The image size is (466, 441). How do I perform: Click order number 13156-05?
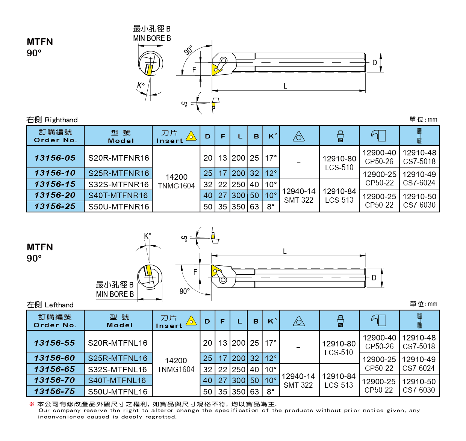tap(55, 158)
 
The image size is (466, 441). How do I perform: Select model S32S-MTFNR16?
tap(118, 185)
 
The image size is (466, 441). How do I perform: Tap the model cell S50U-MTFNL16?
tap(118, 392)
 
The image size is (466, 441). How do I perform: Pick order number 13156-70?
tap(55, 380)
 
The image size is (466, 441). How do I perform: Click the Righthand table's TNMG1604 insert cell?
tap(176, 182)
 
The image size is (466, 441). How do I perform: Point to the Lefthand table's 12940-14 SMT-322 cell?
tap(298, 381)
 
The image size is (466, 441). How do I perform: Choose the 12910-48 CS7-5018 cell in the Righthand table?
tap(419, 157)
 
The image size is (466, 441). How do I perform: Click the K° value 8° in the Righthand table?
tap(271, 207)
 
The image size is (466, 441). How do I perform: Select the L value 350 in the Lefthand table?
tap(239, 392)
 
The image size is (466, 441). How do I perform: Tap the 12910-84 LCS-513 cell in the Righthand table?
tap(339, 196)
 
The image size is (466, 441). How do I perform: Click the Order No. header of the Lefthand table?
tap(55, 321)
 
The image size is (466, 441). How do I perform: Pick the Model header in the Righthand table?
tap(121, 136)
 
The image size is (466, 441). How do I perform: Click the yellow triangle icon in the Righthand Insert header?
tap(191, 136)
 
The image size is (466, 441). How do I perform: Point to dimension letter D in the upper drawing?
tap(374, 63)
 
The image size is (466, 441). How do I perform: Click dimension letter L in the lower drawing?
tap(285, 251)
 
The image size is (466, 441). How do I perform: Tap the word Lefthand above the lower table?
tap(59, 305)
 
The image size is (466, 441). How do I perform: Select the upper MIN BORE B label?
tap(152, 38)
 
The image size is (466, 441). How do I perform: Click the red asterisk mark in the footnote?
tap(32, 404)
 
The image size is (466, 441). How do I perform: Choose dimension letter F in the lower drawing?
tap(195, 272)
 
